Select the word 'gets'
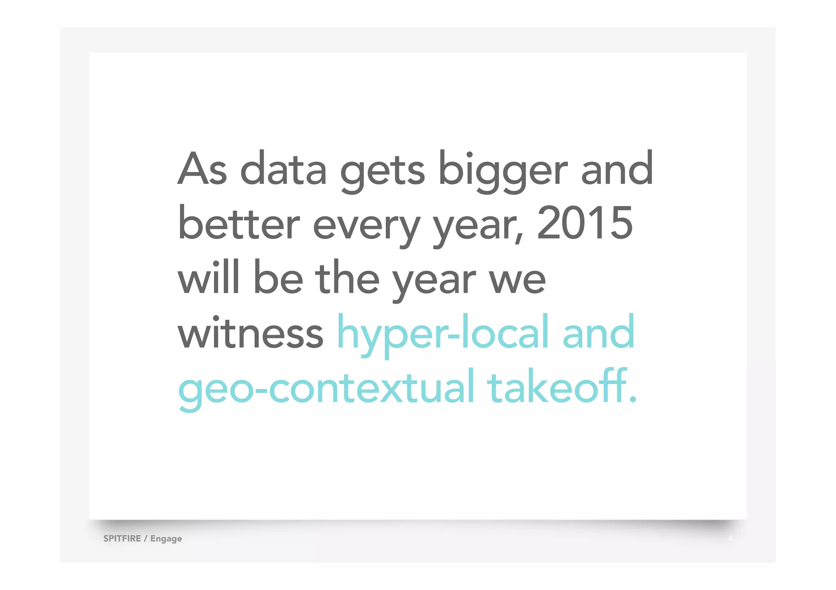[x=382, y=171]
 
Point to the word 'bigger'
[x=502, y=171]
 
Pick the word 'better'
[x=239, y=223]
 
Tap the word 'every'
[x=366, y=226]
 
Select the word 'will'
[x=208, y=277]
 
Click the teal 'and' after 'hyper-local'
[x=598, y=332]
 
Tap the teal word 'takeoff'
[x=557, y=387]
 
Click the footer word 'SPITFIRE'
[x=122, y=538]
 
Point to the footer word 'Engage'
[x=166, y=539]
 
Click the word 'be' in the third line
[x=278, y=277]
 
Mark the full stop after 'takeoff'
[x=632, y=400]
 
